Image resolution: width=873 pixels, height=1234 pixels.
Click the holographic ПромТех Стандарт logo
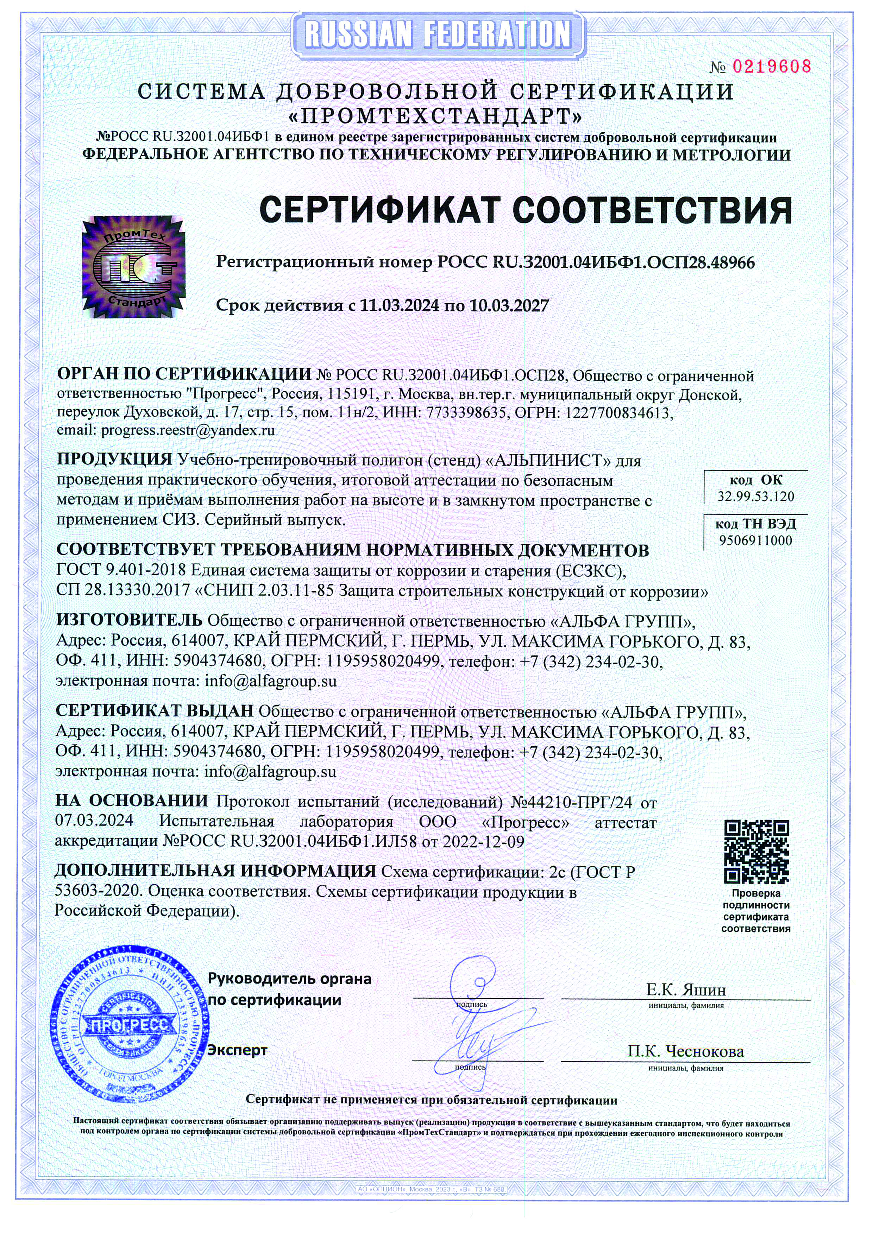pos(133,267)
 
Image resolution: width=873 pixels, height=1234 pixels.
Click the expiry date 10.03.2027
pos(509,306)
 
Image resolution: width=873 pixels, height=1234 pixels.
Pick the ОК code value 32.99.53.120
pos(755,496)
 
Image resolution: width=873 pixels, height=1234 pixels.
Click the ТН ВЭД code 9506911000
pos(755,541)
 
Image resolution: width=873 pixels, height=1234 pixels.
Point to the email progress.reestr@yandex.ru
pos(188,430)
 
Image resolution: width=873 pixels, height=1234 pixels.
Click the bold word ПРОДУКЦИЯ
pos(114,460)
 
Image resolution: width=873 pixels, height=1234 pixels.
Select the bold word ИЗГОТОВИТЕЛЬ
pos(129,620)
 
